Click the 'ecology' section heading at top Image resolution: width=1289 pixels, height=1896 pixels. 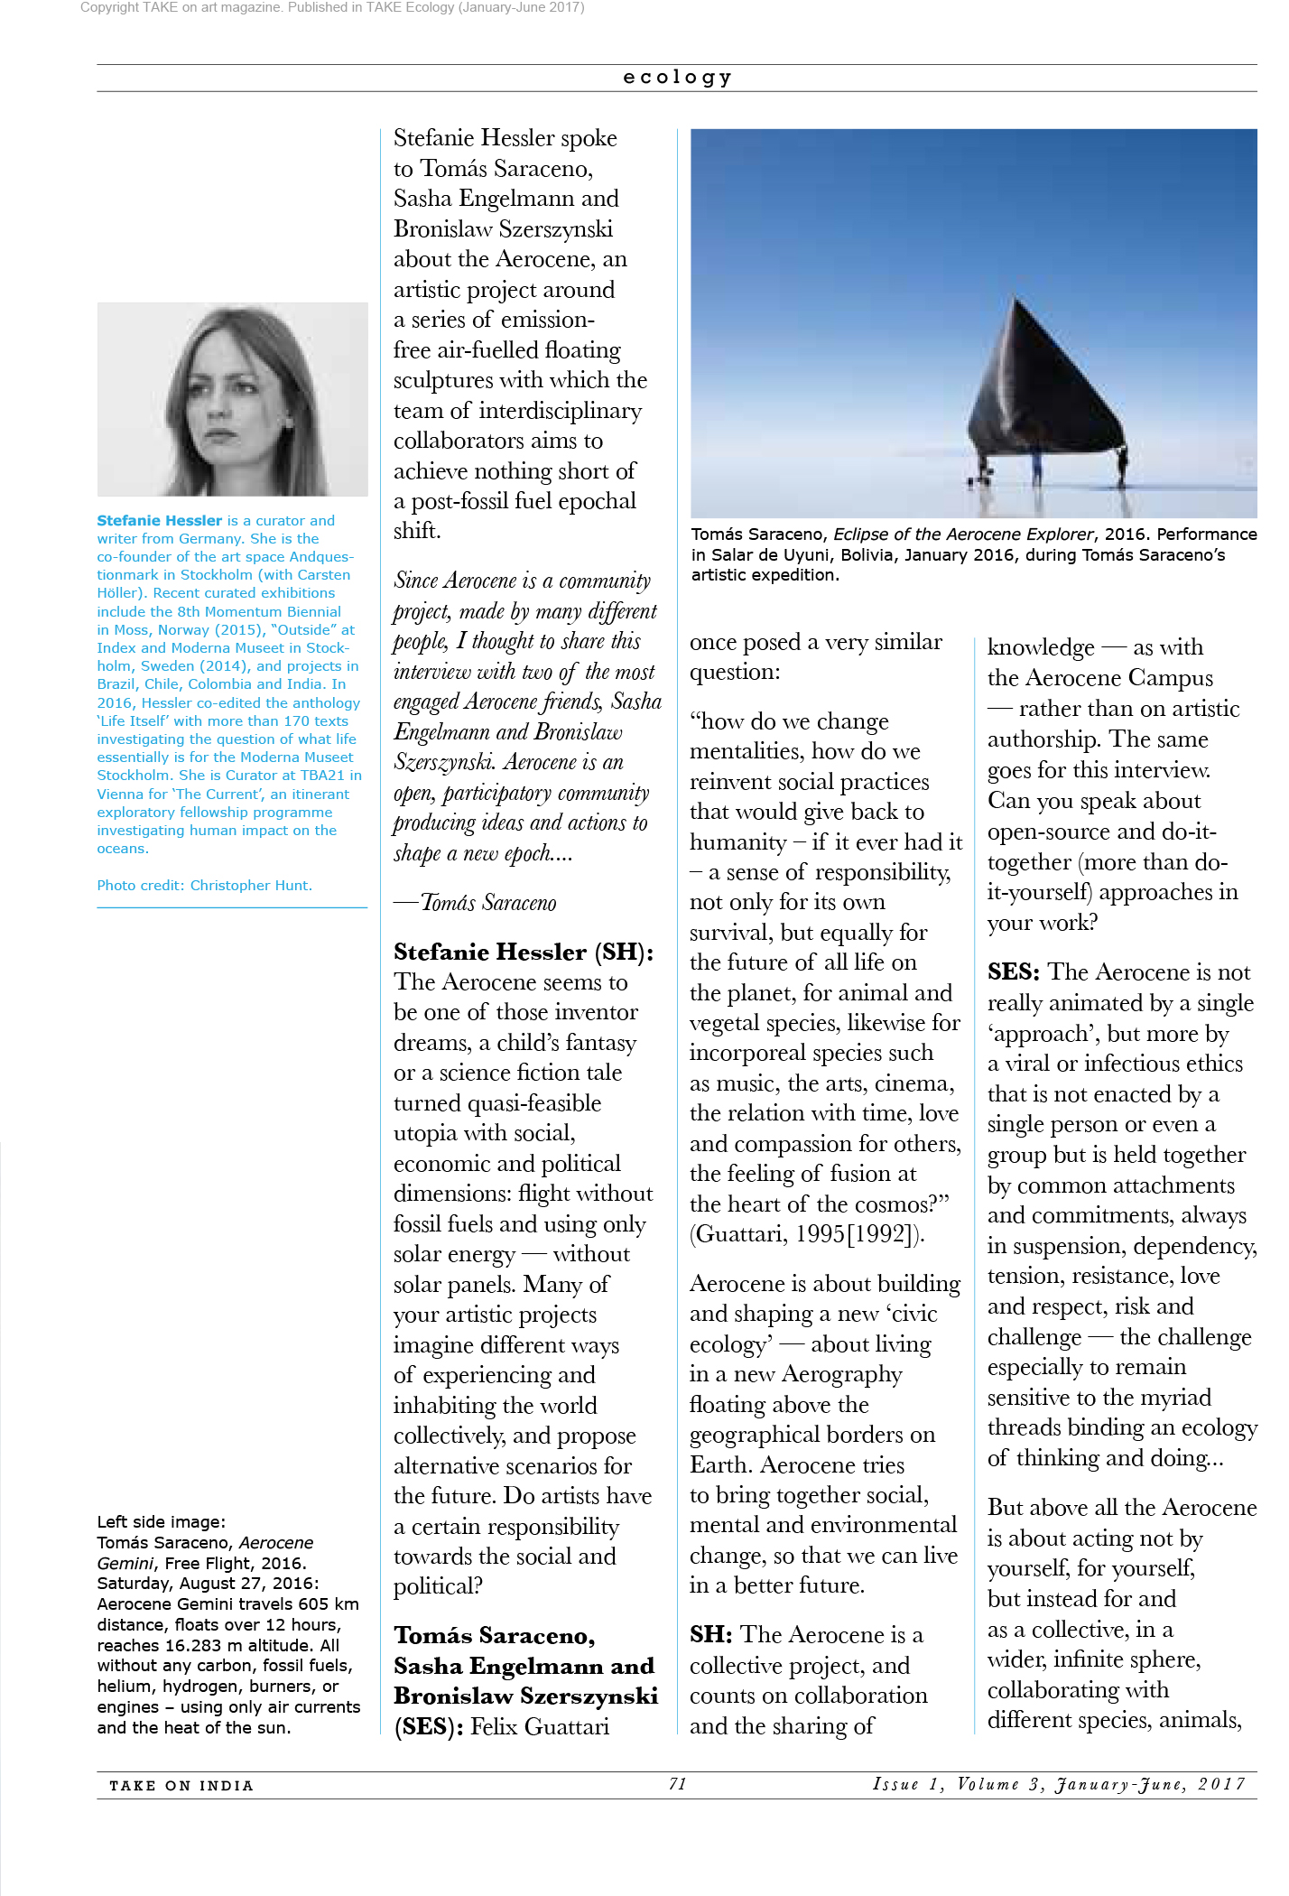tap(677, 78)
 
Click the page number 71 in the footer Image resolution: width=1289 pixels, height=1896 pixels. tap(678, 1784)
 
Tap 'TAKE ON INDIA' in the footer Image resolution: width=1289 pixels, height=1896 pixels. tap(181, 1786)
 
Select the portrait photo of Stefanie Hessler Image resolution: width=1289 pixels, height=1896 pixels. tap(232, 399)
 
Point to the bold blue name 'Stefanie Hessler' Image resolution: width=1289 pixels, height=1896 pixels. tap(159, 521)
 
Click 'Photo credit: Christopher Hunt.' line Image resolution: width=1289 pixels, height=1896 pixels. tap(204, 886)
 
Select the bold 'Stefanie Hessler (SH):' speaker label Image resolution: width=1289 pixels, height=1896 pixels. tap(524, 952)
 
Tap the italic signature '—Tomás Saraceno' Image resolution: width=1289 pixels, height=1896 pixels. tap(476, 903)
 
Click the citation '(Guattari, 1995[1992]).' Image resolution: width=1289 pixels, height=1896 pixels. tap(807, 1234)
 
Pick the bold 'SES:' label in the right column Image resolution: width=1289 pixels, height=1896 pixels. tap(1013, 972)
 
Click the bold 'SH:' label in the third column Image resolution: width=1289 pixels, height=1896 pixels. tap(710, 1635)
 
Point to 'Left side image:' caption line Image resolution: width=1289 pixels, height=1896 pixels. tap(161, 1522)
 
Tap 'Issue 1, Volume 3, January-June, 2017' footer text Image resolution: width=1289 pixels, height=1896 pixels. tap(1059, 1784)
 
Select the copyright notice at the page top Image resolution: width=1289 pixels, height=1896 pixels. tap(332, 8)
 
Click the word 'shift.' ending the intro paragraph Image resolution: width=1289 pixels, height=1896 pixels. tap(417, 531)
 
